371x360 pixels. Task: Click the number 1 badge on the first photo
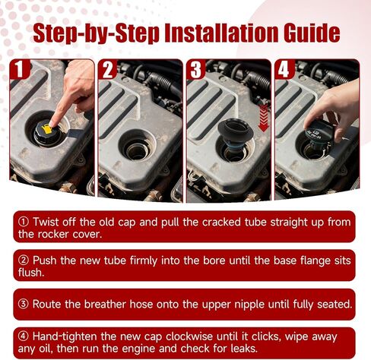[x=20, y=69]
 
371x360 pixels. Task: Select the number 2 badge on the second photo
[x=108, y=70]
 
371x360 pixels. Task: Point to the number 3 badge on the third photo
[x=196, y=70]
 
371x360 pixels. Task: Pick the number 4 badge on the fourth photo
[x=284, y=70]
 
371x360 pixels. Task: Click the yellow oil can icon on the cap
[x=48, y=128]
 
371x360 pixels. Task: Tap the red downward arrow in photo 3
[x=264, y=118]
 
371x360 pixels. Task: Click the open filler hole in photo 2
[x=137, y=150]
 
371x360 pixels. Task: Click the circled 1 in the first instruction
[x=24, y=222]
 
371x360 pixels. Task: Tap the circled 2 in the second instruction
[x=24, y=261]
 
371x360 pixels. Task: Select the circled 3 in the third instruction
[x=24, y=304]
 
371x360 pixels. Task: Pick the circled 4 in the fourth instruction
[x=24, y=336]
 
